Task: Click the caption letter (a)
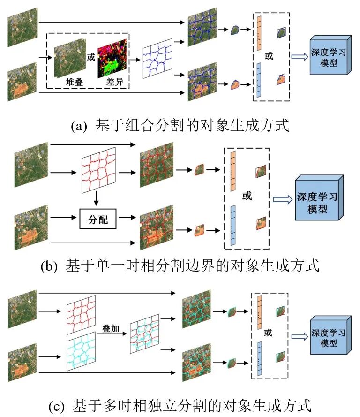(78, 126)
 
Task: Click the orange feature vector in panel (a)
(257, 33)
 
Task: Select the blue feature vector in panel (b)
(233, 224)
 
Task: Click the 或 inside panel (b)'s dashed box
(247, 195)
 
